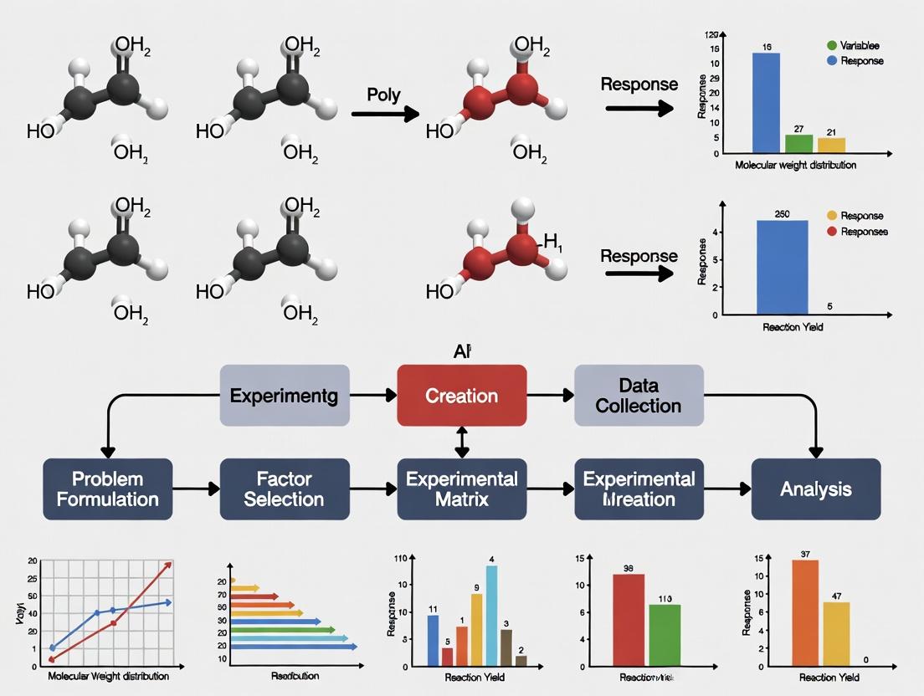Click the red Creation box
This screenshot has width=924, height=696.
click(462, 395)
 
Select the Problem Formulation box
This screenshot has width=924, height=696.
click(107, 489)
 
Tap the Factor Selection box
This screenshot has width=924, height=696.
click(284, 489)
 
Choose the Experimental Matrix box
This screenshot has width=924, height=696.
click(461, 489)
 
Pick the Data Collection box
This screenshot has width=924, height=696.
click(639, 395)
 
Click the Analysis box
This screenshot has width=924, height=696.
click(816, 489)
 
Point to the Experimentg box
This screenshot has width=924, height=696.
click(284, 395)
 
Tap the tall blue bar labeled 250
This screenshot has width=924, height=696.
click(782, 267)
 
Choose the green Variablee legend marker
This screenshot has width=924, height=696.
click(831, 45)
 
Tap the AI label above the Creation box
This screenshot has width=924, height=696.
click(461, 352)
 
